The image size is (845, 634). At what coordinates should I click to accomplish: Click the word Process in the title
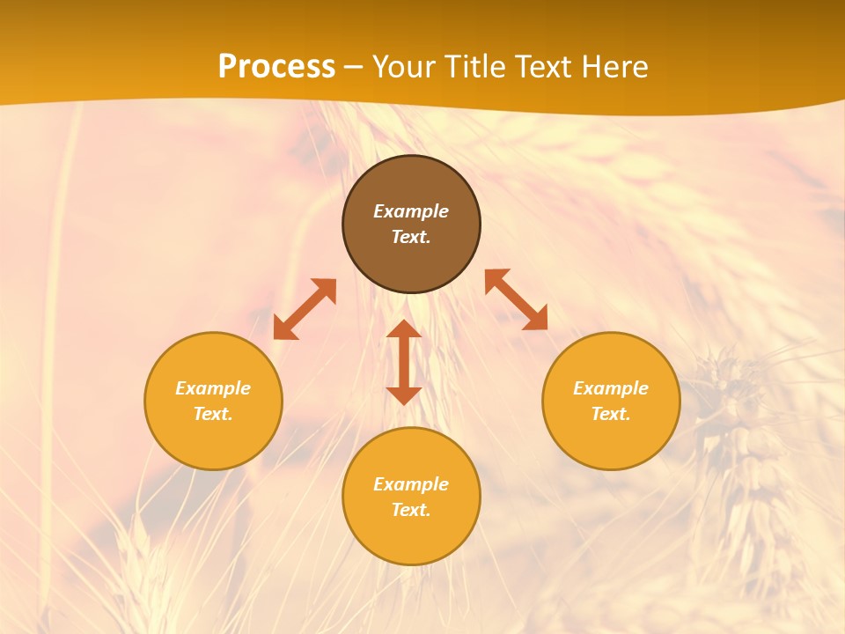276,67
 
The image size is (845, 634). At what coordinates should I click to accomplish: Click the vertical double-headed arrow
404,362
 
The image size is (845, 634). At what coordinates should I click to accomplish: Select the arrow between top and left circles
305,309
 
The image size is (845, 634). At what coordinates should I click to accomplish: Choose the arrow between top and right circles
516,299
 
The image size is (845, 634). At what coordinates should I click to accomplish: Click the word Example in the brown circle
411,211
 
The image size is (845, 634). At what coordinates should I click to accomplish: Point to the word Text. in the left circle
213,414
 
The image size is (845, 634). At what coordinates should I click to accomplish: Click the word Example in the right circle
611,388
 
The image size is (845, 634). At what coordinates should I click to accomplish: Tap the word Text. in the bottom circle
411,510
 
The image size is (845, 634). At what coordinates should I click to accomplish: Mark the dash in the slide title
353,67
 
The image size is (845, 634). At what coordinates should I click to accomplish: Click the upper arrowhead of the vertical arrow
404,329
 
